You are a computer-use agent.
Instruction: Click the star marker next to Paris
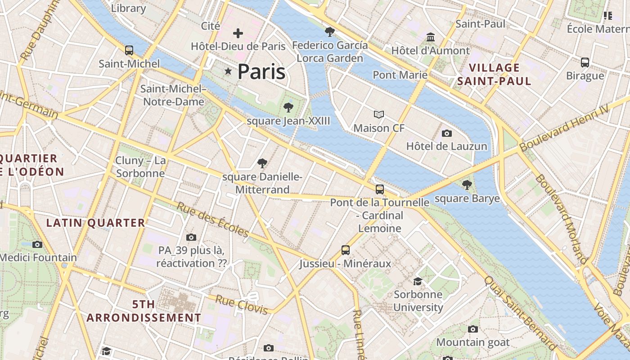pos(228,71)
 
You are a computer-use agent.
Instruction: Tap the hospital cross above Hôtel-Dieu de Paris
pos(238,33)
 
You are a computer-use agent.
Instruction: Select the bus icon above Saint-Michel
pos(129,50)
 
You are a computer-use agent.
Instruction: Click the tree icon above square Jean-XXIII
pos(288,108)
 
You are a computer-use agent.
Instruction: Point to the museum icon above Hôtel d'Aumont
pos(431,37)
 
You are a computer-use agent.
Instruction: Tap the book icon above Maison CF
pos(379,115)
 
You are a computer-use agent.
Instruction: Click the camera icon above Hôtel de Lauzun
pos(446,133)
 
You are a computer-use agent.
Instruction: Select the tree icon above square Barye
pos(467,184)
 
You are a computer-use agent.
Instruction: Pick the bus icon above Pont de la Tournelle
pos(380,189)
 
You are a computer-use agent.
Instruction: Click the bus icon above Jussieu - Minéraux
pos(345,250)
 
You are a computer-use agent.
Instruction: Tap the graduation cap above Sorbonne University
pos(418,281)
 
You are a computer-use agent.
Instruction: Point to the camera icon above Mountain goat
pos(472,329)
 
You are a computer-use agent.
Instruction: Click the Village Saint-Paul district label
pos(494,75)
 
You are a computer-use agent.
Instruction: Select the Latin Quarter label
pos(96,223)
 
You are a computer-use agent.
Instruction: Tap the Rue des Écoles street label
pos(212,220)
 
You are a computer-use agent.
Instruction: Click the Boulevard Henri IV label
pos(564,128)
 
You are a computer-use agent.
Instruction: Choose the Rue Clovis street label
pos(242,304)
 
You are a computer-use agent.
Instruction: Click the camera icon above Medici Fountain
pos(37,244)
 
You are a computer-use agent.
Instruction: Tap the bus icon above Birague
pos(585,62)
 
